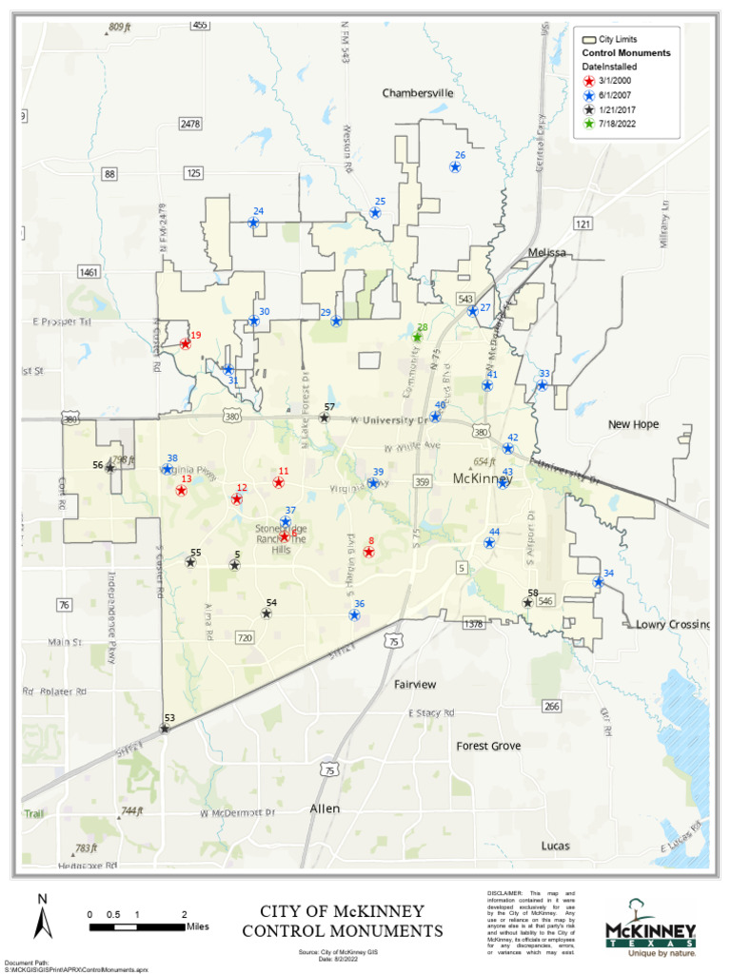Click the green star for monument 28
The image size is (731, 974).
point(417,337)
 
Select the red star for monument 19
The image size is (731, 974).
point(186,344)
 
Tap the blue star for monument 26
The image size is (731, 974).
point(455,167)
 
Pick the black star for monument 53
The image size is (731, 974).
point(165,729)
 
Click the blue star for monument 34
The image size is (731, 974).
point(598,582)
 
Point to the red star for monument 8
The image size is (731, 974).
point(368,552)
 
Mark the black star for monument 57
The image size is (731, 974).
point(324,418)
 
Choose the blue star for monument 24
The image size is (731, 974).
point(253,223)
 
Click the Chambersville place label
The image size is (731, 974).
point(418,93)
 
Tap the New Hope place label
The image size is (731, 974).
point(633,424)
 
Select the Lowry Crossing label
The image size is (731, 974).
point(673,625)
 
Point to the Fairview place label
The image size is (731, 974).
point(415,684)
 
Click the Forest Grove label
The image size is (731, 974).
point(488,746)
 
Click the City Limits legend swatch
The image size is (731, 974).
point(589,40)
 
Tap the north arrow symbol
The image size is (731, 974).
point(42,918)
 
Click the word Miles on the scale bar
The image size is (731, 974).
point(198,926)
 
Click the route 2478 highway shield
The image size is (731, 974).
point(190,124)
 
